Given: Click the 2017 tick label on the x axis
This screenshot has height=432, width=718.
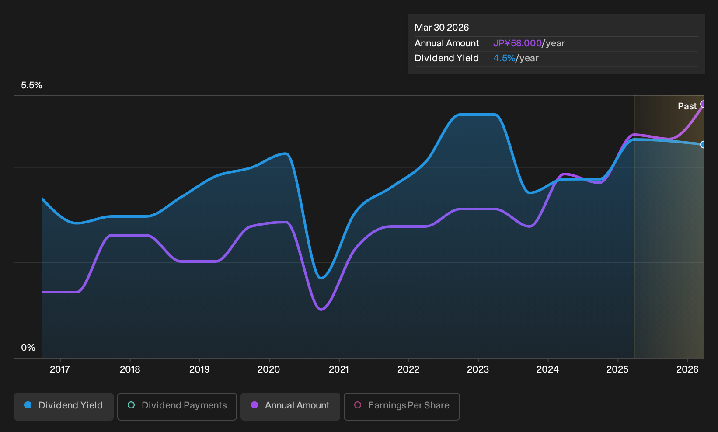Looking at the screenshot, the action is pos(60,369).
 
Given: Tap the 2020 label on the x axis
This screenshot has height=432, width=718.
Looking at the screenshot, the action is pos(269,369).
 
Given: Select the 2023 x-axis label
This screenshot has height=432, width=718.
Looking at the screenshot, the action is pos(478,369).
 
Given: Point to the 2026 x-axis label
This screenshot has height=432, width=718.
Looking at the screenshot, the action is pos(687,369).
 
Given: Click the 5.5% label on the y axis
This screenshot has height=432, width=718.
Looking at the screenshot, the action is pos(31,85).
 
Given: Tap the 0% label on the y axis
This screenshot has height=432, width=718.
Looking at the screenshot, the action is pos(28,348).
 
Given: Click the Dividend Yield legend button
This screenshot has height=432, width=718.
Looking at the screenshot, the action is pos(64,406).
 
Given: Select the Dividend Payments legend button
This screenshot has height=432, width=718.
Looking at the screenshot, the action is pos(177,406).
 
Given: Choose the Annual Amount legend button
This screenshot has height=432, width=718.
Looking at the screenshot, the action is pos(290,406).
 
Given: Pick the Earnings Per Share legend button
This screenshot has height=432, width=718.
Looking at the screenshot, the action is pos(401,406).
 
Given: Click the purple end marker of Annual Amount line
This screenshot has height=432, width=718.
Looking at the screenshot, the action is pos(703,104).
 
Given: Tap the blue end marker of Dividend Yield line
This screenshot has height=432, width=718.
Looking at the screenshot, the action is pos(703,145).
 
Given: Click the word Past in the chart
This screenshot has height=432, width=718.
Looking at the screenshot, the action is pos(687,106).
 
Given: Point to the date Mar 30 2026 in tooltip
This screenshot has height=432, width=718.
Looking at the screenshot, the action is pos(442,28).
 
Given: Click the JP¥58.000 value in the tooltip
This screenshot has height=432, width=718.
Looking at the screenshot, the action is pos(517,43).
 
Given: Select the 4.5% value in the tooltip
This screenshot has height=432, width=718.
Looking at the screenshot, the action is pos(504,58).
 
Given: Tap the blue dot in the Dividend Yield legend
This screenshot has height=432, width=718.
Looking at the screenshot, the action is pos(28,405).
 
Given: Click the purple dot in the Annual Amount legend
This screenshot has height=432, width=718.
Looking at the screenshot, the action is pos(254,405).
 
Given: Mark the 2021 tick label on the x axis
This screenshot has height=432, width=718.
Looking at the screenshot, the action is pos(339,369).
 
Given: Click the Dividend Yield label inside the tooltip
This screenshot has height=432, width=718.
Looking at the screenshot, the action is pos(446,58).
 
